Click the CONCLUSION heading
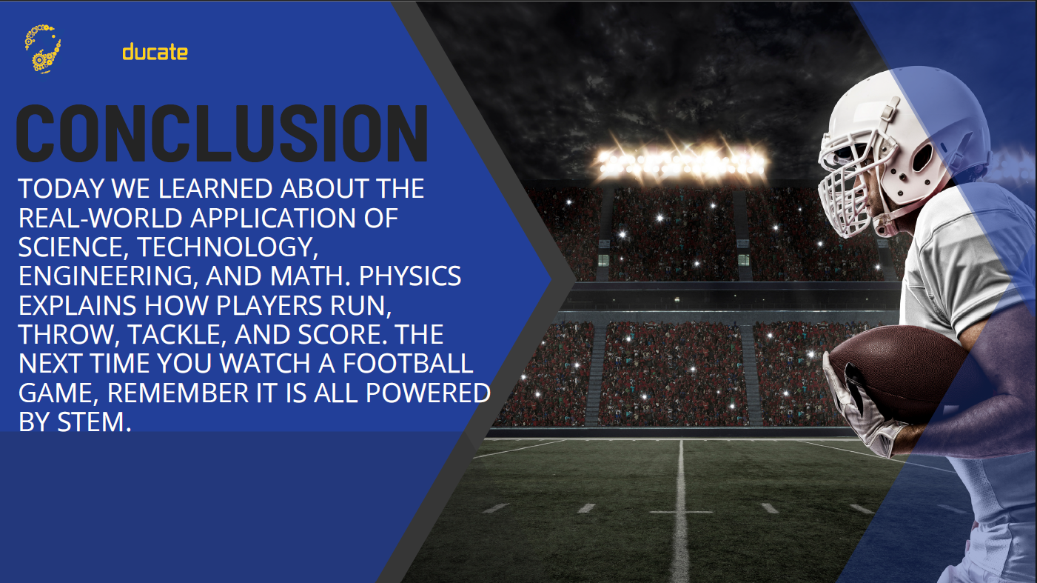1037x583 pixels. coord(222,133)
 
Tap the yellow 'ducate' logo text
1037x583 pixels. coord(155,52)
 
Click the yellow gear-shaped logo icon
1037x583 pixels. coord(43,49)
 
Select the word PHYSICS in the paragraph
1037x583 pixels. coord(410,276)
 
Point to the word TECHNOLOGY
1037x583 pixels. coord(227,247)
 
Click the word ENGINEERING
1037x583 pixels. coord(105,276)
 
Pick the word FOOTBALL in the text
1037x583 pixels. coord(408,363)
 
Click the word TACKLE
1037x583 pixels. coord(176,335)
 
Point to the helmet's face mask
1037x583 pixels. coord(850,185)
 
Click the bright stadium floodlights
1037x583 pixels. coord(680,162)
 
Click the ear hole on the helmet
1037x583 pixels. coord(922,158)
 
